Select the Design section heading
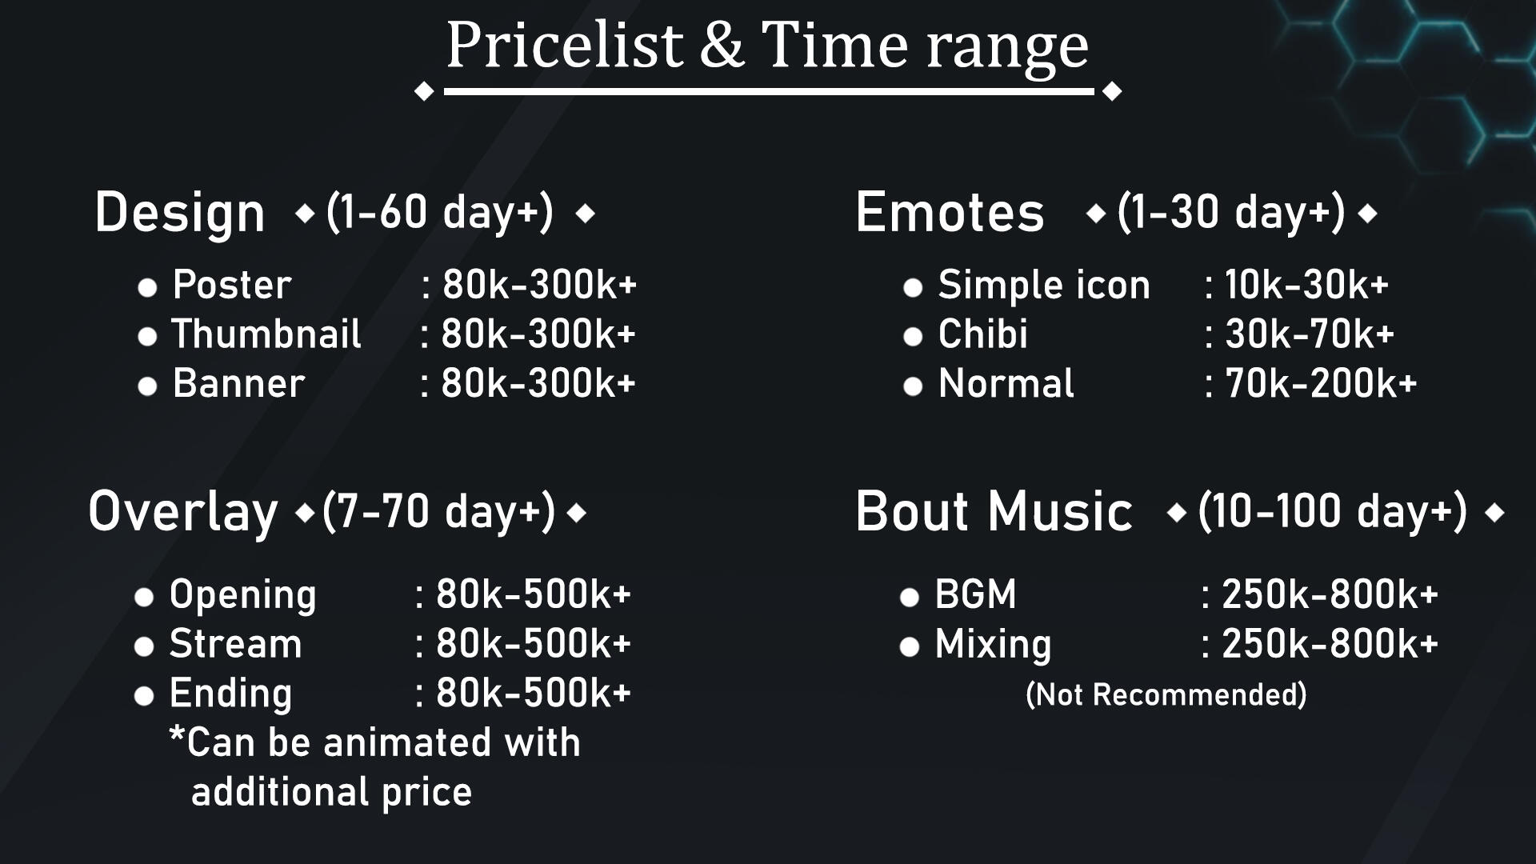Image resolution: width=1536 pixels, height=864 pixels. point(180,213)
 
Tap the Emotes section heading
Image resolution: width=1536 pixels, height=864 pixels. point(950,213)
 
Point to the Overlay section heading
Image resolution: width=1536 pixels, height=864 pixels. point(183,513)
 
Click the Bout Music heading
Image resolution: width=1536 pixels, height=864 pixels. point(994,512)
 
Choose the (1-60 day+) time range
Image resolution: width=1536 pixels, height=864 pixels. point(440,213)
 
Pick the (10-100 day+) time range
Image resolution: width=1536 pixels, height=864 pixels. point(1333,512)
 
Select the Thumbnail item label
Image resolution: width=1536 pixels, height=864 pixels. point(266,334)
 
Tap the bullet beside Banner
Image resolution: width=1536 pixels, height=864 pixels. point(147,387)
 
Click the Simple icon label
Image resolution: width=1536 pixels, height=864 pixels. point(1044,285)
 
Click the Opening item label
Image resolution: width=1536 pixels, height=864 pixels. point(243,596)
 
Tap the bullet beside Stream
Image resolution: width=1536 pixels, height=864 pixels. point(144,647)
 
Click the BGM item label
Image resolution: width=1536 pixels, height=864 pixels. point(976,594)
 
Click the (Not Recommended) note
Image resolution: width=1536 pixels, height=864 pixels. point(1166,694)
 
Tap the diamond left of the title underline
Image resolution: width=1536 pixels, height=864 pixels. point(424,92)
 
